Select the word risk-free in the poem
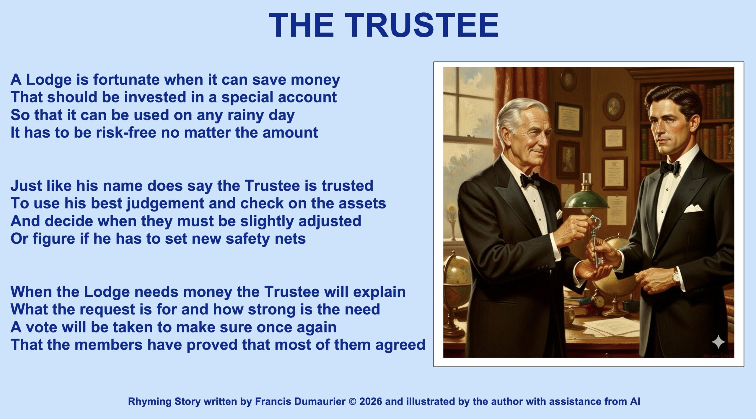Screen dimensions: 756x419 pos(126,132)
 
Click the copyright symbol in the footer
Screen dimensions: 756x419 pos(352,402)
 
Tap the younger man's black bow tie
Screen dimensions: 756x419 pos(670,167)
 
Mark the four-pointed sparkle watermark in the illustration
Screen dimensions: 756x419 pos(718,342)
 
